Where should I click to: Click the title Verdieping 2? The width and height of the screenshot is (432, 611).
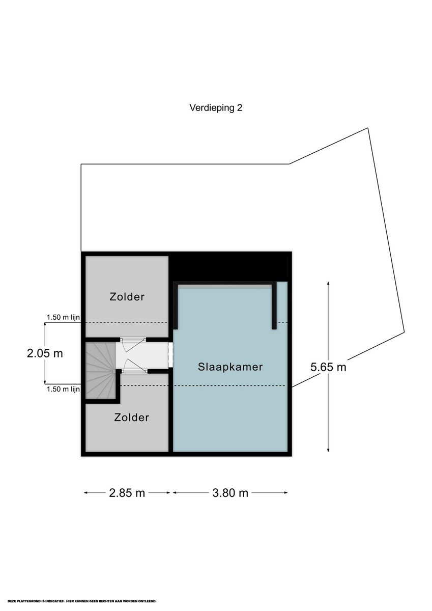coord(216,108)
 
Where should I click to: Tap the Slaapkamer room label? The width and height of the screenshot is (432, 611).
coord(231,367)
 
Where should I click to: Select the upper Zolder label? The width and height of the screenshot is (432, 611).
coord(127,297)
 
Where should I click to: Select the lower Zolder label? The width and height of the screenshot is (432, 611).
coord(132,418)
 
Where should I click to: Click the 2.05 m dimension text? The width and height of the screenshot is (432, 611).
coord(45,353)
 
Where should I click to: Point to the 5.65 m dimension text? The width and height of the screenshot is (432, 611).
coord(328,367)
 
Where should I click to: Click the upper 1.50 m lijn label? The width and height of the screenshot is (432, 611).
coord(63,318)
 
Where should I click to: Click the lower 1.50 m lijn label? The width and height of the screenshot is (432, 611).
coord(63,389)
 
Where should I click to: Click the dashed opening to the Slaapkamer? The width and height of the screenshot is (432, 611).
coord(170,355)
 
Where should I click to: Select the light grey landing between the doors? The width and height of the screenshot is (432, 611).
coord(143,355)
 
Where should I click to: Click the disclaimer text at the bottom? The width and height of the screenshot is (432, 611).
coord(82,601)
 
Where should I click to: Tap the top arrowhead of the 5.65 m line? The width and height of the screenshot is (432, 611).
coord(328,283)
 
